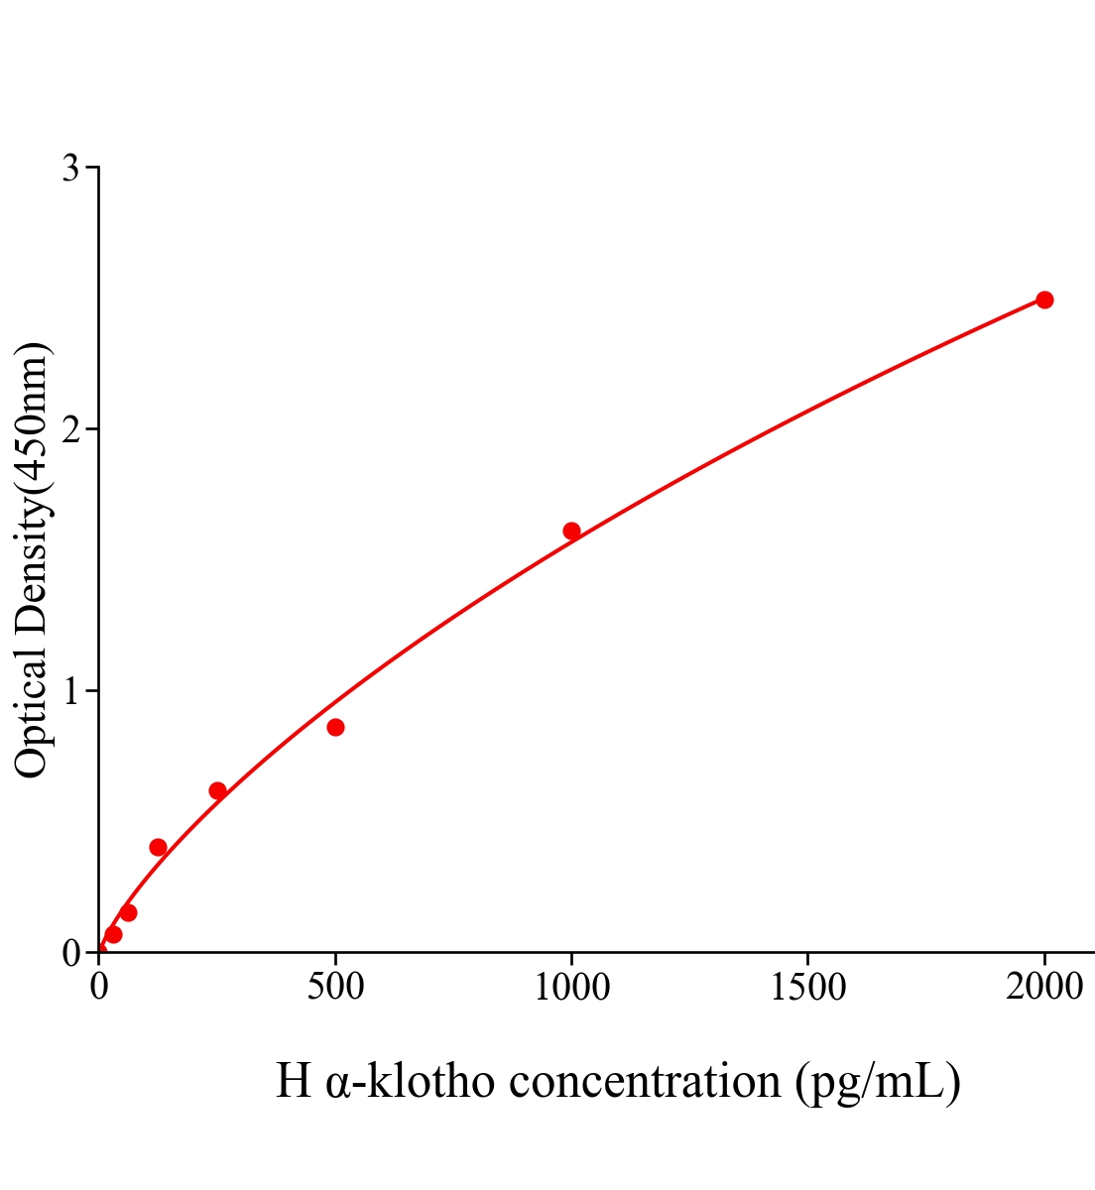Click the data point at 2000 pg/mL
tap(1043, 299)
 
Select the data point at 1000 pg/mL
tap(571, 531)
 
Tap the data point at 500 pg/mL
tap(335, 727)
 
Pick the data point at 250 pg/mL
tap(217, 790)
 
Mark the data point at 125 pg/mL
tap(158, 847)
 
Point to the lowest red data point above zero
tap(113, 934)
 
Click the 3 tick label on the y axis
tap(70, 169)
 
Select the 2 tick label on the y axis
tap(70, 429)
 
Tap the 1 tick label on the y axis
tap(70, 691)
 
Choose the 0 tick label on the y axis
tap(70, 953)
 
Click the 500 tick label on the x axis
tap(335, 987)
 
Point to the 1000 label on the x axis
tap(571, 987)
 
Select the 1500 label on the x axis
tap(807, 987)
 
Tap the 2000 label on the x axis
tap(1043, 987)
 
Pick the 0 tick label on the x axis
tap(99, 987)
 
